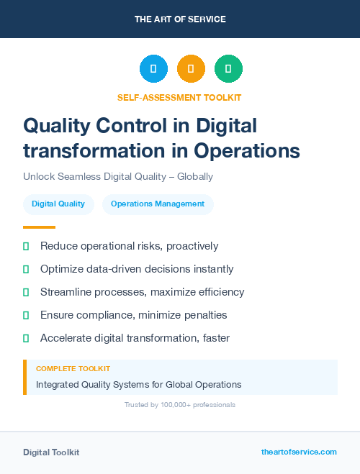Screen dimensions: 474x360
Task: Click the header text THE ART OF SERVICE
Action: [x=180, y=19]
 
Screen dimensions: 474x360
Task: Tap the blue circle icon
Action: [x=153, y=69]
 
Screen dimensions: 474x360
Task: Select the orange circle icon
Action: [x=191, y=69]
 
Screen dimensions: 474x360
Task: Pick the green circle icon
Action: [x=228, y=69]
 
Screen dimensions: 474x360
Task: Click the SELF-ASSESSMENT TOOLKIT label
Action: [x=179, y=97]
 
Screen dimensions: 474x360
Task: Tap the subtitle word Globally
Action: [x=194, y=176]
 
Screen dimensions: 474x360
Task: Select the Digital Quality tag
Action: [x=58, y=204]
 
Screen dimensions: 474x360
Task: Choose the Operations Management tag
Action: [x=158, y=204]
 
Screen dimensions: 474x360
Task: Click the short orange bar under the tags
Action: [x=34, y=227]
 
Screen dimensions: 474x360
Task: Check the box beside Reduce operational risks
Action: [x=26, y=247]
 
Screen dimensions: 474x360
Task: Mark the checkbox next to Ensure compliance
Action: [x=26, y=316]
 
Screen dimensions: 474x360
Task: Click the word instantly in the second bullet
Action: [x=210, y=269]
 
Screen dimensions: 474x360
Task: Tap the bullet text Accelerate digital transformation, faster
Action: [x=135, y=338]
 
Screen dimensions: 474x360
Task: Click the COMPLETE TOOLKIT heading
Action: [x=73, y=368]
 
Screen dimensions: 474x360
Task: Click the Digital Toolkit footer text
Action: [x=51, y=452]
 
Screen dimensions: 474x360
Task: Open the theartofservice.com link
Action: [x=299, y=452]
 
